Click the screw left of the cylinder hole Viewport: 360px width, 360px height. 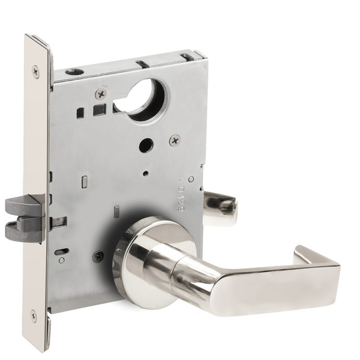(x=101, y=94)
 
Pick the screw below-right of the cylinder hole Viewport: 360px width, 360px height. (x=175, y=140)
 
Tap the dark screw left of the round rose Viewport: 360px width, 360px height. (x=98, y=256)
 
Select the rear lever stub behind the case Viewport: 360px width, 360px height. (x=220, y=208)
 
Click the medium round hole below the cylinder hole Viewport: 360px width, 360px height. (x=146, y=146)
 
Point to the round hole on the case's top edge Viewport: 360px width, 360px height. (x=75, y=72)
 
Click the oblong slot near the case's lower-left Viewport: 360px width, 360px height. (x=62, y=251)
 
